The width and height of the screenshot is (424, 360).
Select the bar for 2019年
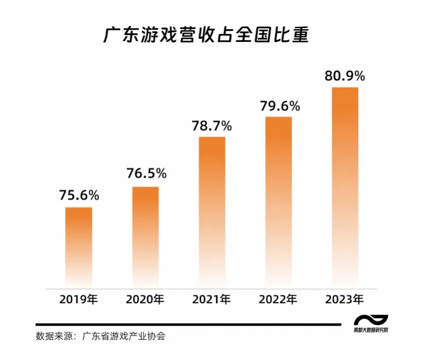(x=78, y=246)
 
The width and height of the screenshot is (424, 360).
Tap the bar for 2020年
(x=145, y=236)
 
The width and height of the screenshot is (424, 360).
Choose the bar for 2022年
(x=279, y=201)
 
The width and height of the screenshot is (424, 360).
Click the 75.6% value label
(x=79, y=195)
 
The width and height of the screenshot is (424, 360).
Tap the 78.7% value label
(x=212, y=126)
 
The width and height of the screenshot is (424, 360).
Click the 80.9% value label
(x=345, y=76)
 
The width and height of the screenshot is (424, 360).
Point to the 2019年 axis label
(x=78, y=300)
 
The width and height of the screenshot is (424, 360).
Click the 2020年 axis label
(x=145, y=300)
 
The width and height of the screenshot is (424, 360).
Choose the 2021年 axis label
(x=212, y=300)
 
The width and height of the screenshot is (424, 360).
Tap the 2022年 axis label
(x=279, y=300)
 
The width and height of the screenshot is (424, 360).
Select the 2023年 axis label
(x=345, y=300)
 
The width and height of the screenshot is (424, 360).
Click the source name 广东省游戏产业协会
(x=123, y=336)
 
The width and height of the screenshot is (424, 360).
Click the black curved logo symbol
(x=370, y=320)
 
